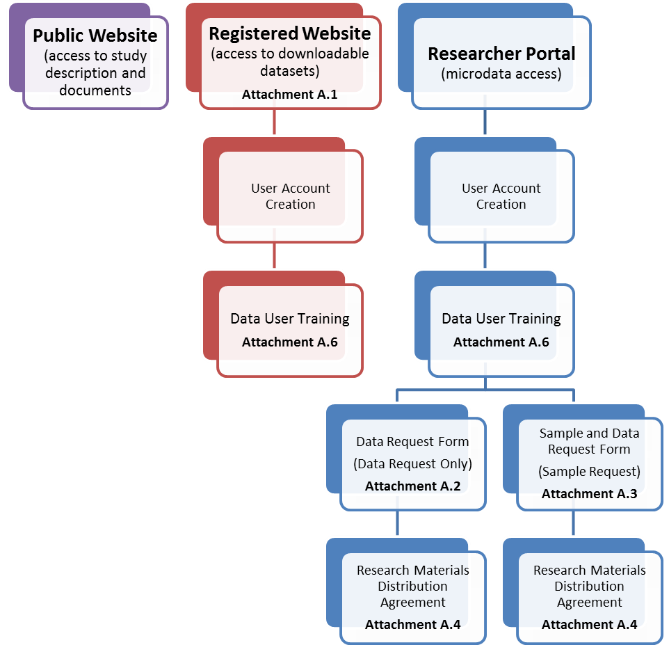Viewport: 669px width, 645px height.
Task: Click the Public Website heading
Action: [x=95, y=35]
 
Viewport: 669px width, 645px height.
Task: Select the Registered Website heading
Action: [x=290, y=33]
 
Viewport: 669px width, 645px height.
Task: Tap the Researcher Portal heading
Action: [x=501, y=54]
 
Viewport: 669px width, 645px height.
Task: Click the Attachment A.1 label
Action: [x=290, y=95]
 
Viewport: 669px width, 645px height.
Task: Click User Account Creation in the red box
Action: [x=291, y=196]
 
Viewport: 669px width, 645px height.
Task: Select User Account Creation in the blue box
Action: [x=501, y=196]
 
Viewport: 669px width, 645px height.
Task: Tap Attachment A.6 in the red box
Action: [x=290, y=342]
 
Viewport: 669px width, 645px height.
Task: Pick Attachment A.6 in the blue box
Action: [x=501, y=342]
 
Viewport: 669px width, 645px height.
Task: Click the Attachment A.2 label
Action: [x=413, y=486]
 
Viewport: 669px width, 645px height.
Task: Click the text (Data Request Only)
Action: [x=413, y=464]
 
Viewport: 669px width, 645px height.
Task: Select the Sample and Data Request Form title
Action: [x=590, y=441]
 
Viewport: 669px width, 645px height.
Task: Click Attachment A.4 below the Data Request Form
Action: [x=413, y=625]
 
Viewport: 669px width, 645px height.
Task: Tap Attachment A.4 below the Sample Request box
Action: [x=590, y=625]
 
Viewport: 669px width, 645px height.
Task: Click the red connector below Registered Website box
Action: [x=275, y=122]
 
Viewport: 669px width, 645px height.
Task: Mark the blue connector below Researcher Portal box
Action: [x=485, y=122]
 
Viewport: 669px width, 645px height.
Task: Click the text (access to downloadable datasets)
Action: [x=290, y=62]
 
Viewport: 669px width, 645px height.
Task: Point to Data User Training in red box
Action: [x=290, y=319]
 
